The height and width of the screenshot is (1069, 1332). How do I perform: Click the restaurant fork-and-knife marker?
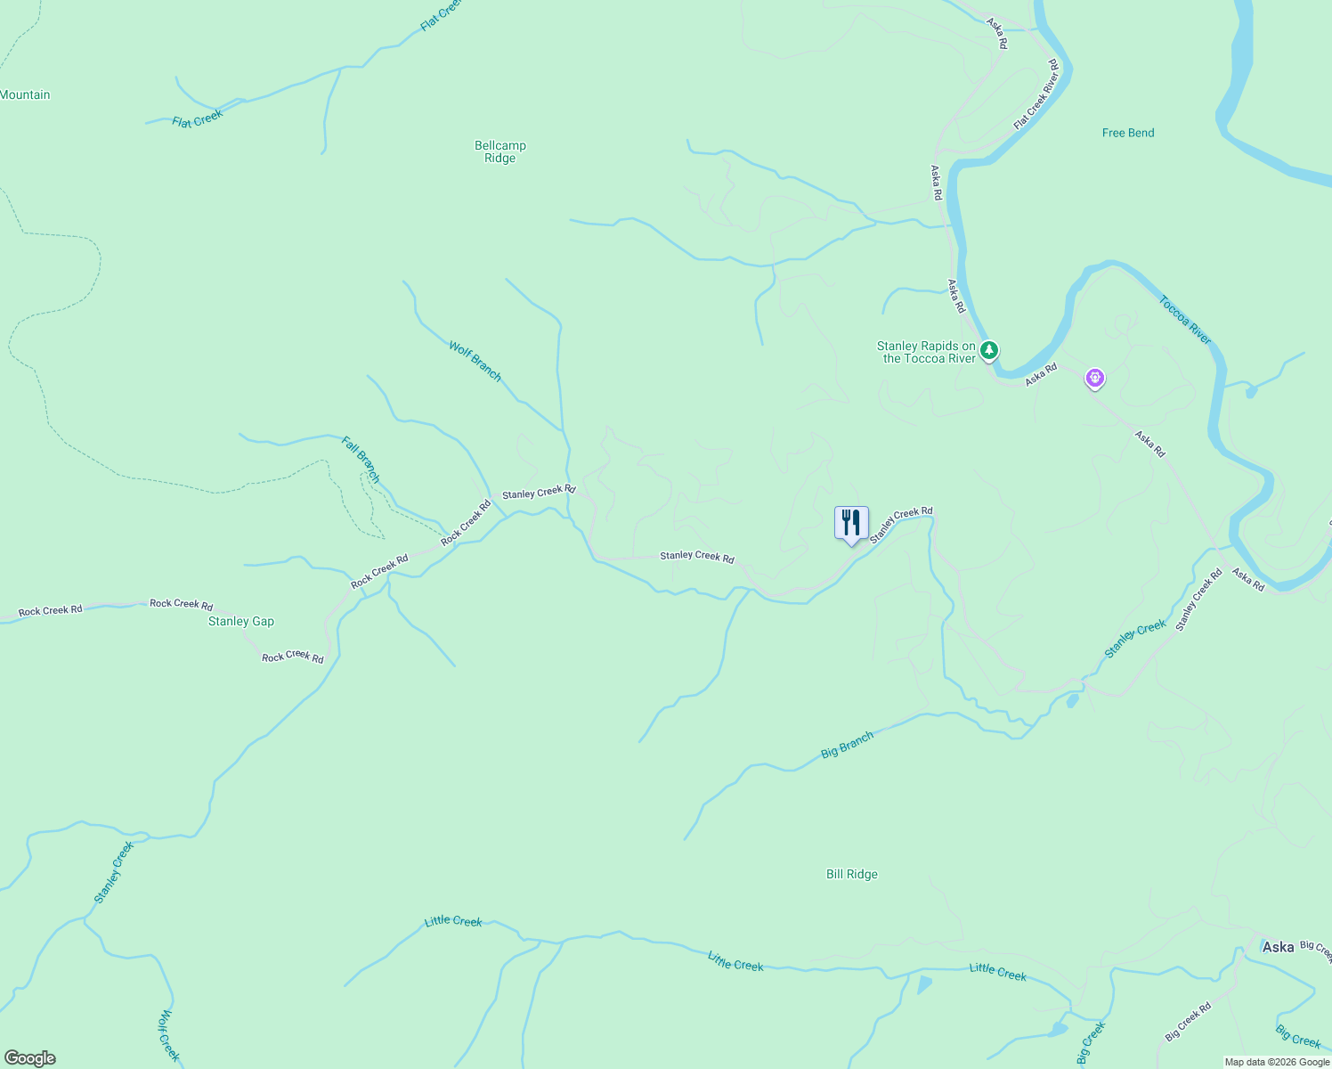[851, 523]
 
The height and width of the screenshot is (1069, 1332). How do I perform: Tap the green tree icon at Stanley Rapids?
[988, 350]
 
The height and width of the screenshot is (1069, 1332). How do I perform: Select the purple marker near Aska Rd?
[1094, 379]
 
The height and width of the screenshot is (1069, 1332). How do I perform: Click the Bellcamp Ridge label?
[500, 151]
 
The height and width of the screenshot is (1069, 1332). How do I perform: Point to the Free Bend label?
[1128, 133]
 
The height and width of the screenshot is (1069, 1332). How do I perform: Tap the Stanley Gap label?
[241, 621]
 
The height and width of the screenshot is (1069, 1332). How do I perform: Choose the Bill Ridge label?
[852, 874]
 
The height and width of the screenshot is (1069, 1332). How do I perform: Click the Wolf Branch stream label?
[475, 362]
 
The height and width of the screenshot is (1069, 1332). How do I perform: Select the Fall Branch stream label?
[361, 460]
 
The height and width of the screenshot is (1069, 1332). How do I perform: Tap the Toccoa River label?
[1185, 320]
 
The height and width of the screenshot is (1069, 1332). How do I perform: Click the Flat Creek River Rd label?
[1036, 94]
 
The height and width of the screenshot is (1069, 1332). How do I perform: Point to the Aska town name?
[1278, 947]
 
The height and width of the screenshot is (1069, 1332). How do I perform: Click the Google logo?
[30, 1058]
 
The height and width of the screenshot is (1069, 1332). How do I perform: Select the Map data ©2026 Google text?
[1277, 1062]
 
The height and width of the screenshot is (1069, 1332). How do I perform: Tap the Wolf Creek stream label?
[169, 1035]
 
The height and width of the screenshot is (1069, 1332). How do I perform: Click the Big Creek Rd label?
[1189, 1022]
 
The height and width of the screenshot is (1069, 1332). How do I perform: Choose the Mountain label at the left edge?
[25, 94]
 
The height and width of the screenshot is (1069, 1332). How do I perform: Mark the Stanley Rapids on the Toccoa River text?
[926, 352]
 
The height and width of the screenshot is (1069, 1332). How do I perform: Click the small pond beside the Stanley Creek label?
[1072, 701]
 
